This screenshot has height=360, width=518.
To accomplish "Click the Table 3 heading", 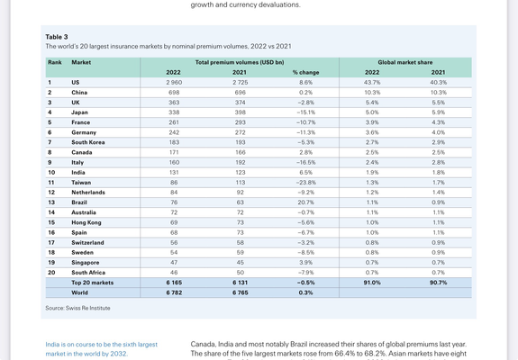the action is [x=57, y=37].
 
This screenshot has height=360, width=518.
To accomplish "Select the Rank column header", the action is [x=55, y=62].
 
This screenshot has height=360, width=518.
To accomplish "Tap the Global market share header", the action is [x=405, y=62].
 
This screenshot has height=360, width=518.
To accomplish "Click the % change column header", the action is [x=305, y=73].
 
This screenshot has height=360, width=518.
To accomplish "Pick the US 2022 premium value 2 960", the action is [x=174, y=83].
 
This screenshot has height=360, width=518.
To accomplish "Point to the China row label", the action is [x=79, y=93].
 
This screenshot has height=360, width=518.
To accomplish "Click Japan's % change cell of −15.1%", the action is [x=305, y=112].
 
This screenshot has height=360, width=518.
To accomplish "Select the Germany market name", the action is [x=84, y=132].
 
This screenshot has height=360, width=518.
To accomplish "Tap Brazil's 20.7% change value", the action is [x=305, y=202].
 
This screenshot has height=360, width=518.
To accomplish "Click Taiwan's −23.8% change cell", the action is [x=305, y=183].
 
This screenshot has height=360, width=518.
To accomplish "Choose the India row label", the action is [x=78, y=173].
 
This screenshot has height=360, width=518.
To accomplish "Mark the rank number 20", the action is [x=51, y=273].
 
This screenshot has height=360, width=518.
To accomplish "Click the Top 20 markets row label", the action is [x=93, y=283].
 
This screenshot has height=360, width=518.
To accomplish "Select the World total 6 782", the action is [x=174, y=292].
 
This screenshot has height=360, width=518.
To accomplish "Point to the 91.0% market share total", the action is [x=372, y=283].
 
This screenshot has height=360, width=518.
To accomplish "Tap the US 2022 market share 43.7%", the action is [x=372, y=83].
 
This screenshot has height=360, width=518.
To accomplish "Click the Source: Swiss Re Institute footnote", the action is [x=78, y=308].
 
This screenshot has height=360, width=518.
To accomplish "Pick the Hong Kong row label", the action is [x=86, y=222].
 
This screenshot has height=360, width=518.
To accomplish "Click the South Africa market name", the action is [x=88, y=273].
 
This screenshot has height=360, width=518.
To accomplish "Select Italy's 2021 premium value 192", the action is [x=241, y=163].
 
